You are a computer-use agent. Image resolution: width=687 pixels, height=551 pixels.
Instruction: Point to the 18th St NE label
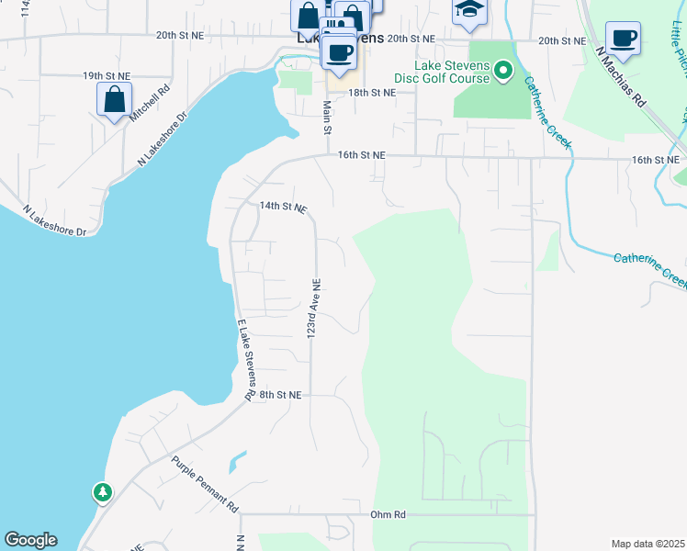pyautogui.click(x=372, y=93)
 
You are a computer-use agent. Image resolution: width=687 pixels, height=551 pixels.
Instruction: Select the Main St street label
pyautogui.click(x=327, y=117)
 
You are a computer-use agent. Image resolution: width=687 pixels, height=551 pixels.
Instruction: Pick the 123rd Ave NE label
pyautogui.click(x=313, y=308)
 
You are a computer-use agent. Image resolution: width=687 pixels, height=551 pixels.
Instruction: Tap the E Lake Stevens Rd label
pyautogui.click(x=245, y=359)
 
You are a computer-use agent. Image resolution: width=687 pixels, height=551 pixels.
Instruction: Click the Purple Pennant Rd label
pyautogui.click(x=205, y=483)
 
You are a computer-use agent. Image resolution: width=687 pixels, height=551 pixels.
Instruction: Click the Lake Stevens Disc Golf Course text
pyautogui.click(x=443, y=71)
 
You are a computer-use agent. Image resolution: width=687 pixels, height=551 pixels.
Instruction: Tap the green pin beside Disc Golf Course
pyautogui.click(x=503, y=70)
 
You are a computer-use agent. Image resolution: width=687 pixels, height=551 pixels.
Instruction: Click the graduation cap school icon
pyautogui.click(x=468, y=11)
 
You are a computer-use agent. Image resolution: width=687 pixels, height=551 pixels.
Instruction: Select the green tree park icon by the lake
pyautogui.click(x=101, y=493)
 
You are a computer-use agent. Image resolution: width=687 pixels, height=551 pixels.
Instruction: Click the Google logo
pyautogui.click(x=30, y=540)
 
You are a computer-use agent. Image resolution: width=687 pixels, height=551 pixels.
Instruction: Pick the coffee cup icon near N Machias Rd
pyautogui.click(x=623, y=38)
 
